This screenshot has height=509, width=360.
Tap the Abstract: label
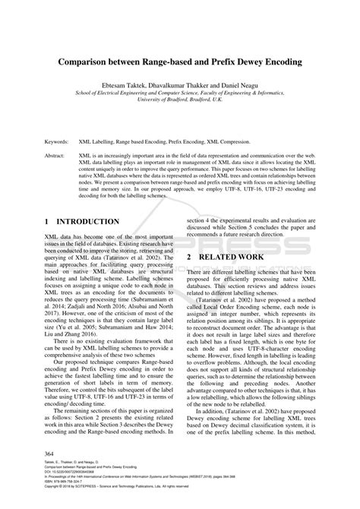coord(56,154)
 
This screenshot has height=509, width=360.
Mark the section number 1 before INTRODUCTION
coord(47,222)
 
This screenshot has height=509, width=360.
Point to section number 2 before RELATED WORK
coord(190,258)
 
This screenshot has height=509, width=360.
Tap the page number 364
coord(51,454)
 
